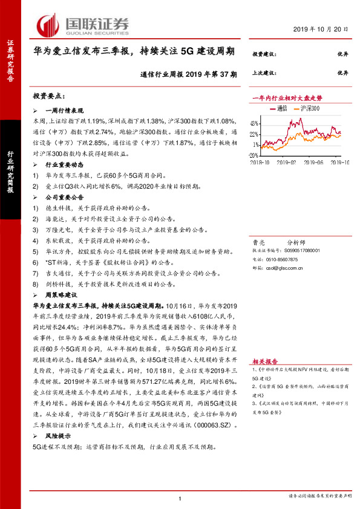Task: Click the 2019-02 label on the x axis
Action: (286, 161)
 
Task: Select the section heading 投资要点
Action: (49, 96)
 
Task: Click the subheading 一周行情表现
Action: (65, 111)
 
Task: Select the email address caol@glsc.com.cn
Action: (286, 267)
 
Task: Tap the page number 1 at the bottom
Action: (180, 498)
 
